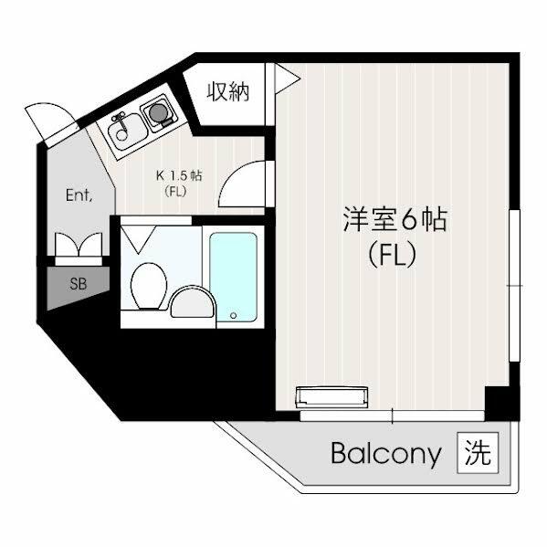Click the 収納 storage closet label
(x=228, y=91)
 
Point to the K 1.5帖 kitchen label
(x=179, y=175)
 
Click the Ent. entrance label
(x=79, y=195)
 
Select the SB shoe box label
(x=79, y=284)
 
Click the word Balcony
(x=386, y=455)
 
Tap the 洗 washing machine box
(x=478, y=453)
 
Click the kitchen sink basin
(x=127, y=131)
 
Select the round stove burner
(x=158, y=112)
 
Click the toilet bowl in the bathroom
(x=149, y=286)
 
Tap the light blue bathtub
(x=234, y=278)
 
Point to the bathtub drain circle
(x=234, y=316)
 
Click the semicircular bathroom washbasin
(x=192, y=301)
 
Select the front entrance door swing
(x=50, y=123)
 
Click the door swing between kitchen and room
(x=242, y=184)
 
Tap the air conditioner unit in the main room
(x=331, y=397)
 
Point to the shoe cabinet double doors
(x=79, y=245)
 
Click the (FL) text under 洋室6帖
(x=393, y=254)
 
